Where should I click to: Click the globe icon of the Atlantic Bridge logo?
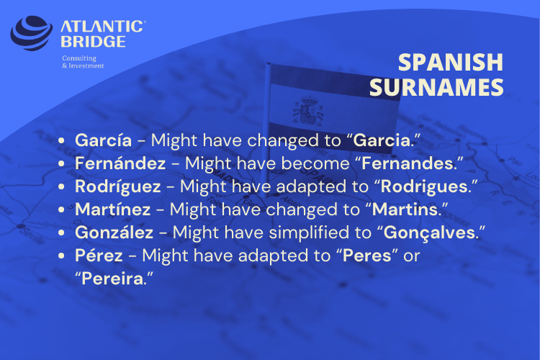pyautogui.click(x=32, y=32)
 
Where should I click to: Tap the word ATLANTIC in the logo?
pyautogui.click(x=103, y=27)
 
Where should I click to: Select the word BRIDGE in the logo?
pyautogui.click(x=93, y=42)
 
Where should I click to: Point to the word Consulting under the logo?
pyautogui.click(x=79, y=58)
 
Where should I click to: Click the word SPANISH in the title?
pyautogui.click(x=451, y=63)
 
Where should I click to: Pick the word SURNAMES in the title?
pyautogui.click(x=436, y=87)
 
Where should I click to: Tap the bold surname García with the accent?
pyautogui.click(x=103, y=140)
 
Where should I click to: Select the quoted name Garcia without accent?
pyautogui.click(x=382, y=140)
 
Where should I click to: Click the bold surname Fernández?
pyautogui.click(x=120, y=163)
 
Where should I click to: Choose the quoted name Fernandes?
pyautogui.click(x=408, y=163)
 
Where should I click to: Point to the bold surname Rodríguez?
pyautogui.click(x=118, y=186)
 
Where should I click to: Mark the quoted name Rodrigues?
pyautogui.click(x=424, y=186)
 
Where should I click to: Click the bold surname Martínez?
pyautogui.click(x=112, y=210)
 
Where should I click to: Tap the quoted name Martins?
pyautogui.click(x=405, y=210)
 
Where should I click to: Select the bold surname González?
pyautogui.click(x=114, y=233)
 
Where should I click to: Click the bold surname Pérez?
pyautogui.click(x=99, y=256)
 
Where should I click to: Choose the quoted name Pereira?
pyautogui.click(x=112, y=279)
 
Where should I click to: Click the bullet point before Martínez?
pyautogui.click(x=61, y=210)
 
